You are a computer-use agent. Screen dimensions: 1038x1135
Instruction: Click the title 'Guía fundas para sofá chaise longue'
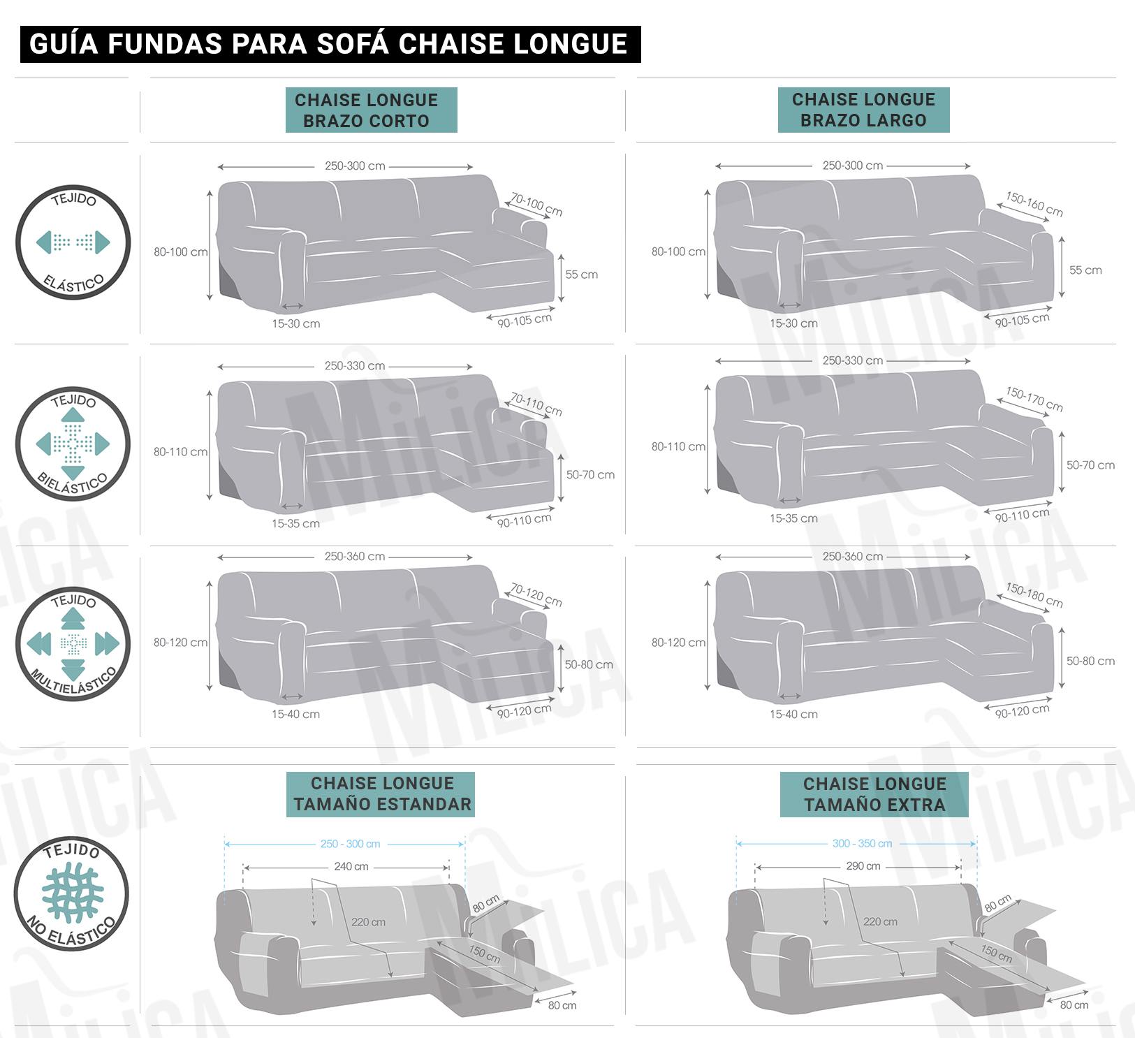pos(329,44)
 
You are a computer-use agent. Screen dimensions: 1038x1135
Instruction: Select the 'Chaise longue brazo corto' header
pos(371,110)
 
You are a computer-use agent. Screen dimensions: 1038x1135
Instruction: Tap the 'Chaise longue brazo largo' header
pos(863,110)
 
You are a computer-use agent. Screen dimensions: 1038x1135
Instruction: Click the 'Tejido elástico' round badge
pos(73,242)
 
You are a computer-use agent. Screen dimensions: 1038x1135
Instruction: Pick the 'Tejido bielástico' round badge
pos(73,444)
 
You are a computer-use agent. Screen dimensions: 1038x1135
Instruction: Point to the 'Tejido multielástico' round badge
pos(73,643)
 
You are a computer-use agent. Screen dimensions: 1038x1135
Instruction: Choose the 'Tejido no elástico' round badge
pos(71,894)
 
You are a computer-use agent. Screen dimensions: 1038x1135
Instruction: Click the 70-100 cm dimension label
pos(536,205)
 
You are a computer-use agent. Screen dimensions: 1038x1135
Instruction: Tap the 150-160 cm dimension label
pos(1034,204)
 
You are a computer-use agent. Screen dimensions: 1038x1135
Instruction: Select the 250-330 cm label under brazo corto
pos(354,366)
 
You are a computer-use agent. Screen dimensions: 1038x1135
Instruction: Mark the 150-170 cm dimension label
pos(1034,399)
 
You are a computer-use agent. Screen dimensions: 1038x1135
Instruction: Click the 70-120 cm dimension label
pos(536,595)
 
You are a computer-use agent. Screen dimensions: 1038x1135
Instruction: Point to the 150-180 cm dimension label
pos(1034,595)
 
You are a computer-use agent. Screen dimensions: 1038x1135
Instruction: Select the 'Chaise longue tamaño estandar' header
pos(381,794)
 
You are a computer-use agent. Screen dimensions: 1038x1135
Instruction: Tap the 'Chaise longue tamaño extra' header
pos(874,794)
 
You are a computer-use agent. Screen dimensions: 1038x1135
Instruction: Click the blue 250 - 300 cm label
pos(350,844)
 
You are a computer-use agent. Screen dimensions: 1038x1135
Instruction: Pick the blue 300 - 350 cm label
pos(862,844)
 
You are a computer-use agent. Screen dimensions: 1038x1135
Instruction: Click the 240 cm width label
pos(351,866)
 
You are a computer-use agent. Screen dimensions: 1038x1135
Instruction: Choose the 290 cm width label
pos(863,866)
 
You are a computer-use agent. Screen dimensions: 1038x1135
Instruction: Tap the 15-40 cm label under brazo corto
pos(295,714)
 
